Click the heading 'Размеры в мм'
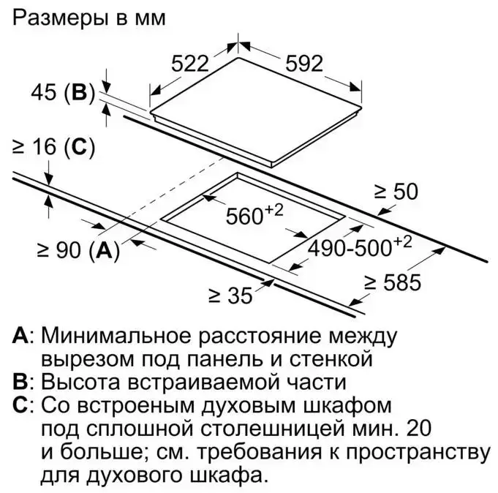89,18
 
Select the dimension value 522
190,64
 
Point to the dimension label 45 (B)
63,93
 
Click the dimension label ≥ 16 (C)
53,148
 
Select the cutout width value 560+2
254,214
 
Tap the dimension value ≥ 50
396,192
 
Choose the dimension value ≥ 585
393,282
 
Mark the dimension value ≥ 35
230,296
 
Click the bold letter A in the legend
20,336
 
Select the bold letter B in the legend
20,382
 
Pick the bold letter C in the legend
20,405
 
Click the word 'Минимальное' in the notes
116,336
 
